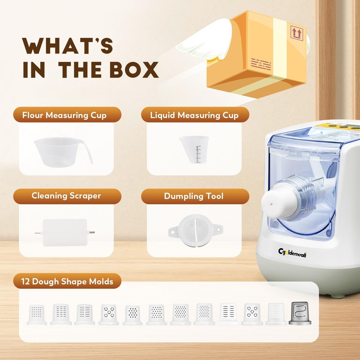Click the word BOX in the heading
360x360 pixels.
pyautogui.click(x=134, y=69)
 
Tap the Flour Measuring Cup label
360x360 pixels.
pyautogui.click(x=64, y=115)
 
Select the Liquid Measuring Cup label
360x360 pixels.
pyautogui.click(x=194, y=115)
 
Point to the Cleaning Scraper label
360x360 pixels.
pyautogui.click(x=66, y=195)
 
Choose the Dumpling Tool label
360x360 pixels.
pyautogui.click(x=194, y=196)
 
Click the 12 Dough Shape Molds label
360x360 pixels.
pyautogui.click(x=67, y=281)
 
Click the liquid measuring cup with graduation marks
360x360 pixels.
pyautogui.click(x=194, y=149)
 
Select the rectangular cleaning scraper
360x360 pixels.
pyautogui.click(x=65, y=232)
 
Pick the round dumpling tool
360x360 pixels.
pyautogui.click(x=195, y=230)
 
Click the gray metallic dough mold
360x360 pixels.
pyautogui.click(x=300, y=313)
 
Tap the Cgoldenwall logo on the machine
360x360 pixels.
pyautogui.click(x=292, y=253)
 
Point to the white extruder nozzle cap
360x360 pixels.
pyautogui.click(x=276, y=202)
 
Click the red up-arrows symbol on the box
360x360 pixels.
pyautogui.click(x=297, y=33)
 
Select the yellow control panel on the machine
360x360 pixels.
pyautogui.click(x=338, y=126)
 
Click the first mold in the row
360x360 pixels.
pyautogui.click(x=37, y=314)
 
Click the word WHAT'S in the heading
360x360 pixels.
pyautogui.click(x=68, y=46)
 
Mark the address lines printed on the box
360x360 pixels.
pyautogui.click(x=261, y=64)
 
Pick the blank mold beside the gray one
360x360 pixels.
pyautogui.click(x=276, y=314)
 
